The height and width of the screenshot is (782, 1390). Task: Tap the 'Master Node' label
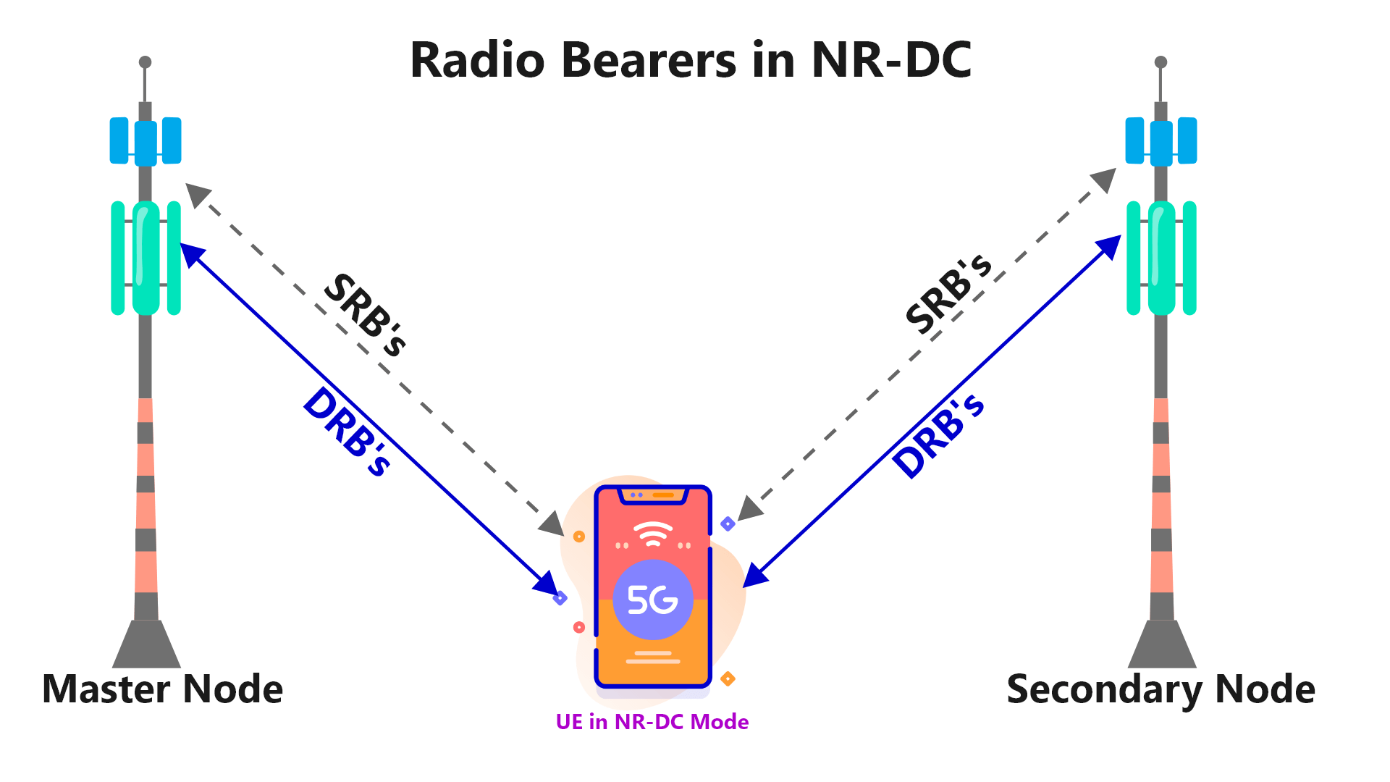tap(162, 689)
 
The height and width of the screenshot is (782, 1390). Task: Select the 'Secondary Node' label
tap(1161, 689)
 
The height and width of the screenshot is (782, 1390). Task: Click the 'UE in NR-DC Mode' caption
tap(652, 722)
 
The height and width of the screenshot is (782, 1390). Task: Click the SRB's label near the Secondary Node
tap(948, 294)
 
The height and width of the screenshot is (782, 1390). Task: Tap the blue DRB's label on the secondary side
tap(938, 436)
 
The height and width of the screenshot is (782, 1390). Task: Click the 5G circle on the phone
tap(652, 600)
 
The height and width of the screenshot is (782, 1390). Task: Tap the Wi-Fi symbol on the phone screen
tap(653, 534)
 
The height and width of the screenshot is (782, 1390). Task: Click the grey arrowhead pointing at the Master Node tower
tap(196, 193)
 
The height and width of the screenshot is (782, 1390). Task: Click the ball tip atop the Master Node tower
tap(145, 62)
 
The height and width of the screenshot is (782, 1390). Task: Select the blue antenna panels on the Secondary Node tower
tap(1161, 141)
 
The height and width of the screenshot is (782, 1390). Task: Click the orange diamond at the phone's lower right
tap(728, 678)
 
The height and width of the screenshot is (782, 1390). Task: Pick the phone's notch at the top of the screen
tap(652, 496)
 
